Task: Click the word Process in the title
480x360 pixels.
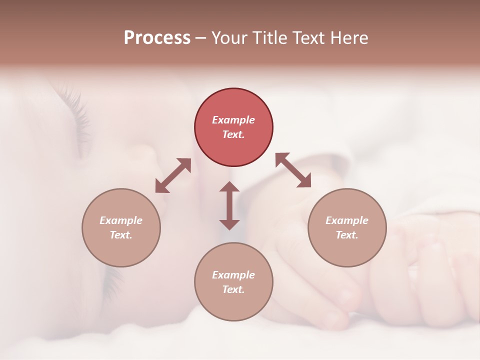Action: (x=157, y=38)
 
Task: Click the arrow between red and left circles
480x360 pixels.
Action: (x=173, y=175)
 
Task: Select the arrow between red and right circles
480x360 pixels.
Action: (x=293, y=170)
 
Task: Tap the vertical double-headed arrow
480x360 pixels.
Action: (x=229, y=205)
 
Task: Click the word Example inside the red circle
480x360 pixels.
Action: (x=233, y=120)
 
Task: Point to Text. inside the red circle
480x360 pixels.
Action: (x=233, y=134)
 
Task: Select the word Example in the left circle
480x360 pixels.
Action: (x=121, y=220)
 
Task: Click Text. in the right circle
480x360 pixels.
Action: (x=347, y=235)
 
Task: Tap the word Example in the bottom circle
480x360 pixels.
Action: (x=233, y=275)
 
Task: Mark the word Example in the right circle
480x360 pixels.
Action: (x=347, y=220)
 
